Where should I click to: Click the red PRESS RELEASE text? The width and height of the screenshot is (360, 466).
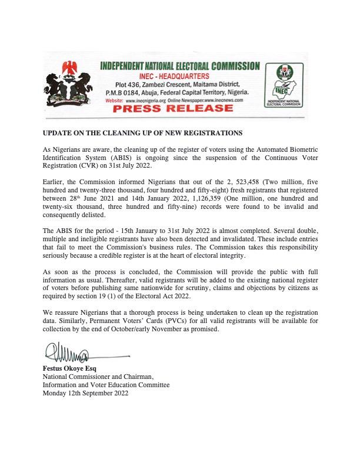click(x=181, y=109)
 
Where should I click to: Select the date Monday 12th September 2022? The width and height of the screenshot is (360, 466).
click(x=86, y=393)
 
